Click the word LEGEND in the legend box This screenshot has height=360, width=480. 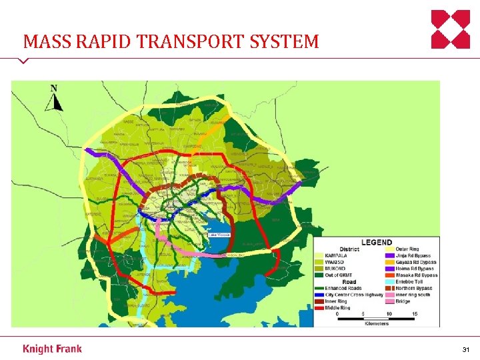tap(377, 242)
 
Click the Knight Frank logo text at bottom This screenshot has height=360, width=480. tap(53, 349)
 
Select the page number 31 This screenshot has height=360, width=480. tap(465, 349)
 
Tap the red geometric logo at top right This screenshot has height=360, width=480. tap(450, 29)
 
